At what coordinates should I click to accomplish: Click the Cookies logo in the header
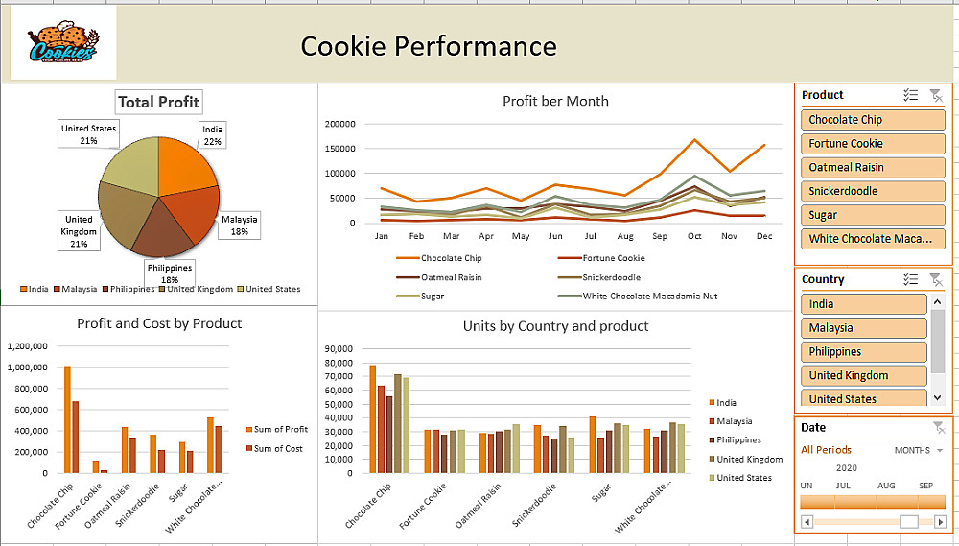pyautogui.click(x=62, y=43)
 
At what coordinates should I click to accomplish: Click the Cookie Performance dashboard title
pyautogui.click(x=428, y=45)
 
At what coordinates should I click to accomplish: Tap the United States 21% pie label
pyautogui.click(x=88, y=134)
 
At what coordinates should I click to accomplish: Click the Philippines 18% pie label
pyautogui.click(x=170, y=273)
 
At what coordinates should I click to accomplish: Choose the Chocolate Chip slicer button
pyautogui.click(x=873, y=120)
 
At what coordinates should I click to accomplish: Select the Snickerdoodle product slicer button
pyautogui.click(x=873, y=191)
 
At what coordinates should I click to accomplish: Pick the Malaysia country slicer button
pyautogui.click(x=863, y=327)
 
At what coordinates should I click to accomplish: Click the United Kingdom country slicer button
pyautogui.click(x=863, y=375)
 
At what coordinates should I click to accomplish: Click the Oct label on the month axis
pyautogui.click(x=694, y=236)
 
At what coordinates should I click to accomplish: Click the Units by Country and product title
pyautogui.click(x=555, y=326)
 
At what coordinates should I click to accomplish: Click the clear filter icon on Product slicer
pyautogui.click(x=936, y=95)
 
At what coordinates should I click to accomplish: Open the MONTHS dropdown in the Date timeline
pyautogui.click(x=919, y=450)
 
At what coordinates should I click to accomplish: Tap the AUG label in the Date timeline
pyautogui.click(x=886, y=486)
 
